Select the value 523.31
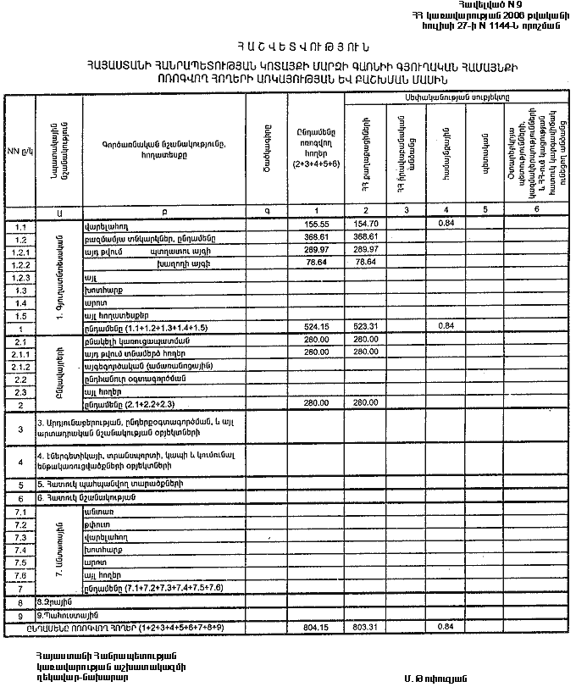(365, 326)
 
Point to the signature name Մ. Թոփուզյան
(432, 678)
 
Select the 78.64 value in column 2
(365, 263)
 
